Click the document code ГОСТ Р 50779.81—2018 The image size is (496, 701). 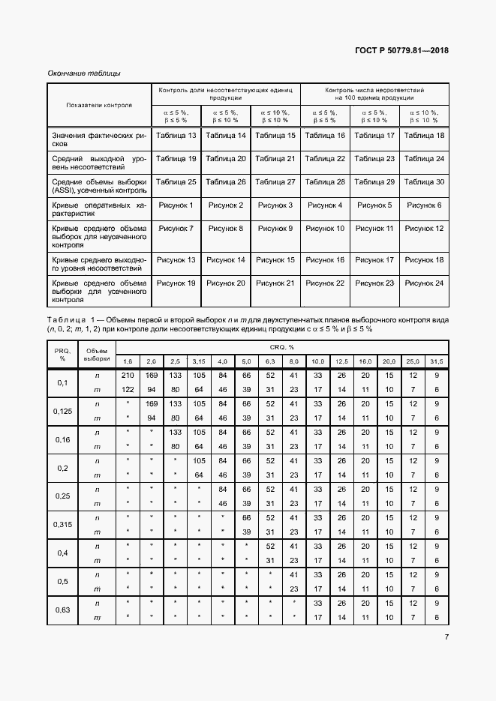[401, 51]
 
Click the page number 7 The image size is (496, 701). [446, 637]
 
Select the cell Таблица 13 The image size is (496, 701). [176, 136]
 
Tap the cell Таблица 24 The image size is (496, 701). [424, 159]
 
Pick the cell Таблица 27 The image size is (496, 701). [275, 182]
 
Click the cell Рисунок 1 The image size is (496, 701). [176, 205]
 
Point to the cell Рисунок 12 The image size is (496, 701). [424, 228]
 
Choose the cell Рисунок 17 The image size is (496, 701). [374, 259]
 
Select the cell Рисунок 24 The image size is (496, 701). [424, 283]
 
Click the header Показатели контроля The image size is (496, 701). [99, 105]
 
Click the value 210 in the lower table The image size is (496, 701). [127, 375]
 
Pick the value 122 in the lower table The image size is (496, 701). [127, 390]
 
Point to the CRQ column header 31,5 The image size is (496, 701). [435, 361]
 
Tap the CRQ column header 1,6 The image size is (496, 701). [127, 361]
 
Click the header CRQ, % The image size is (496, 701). [281, 347]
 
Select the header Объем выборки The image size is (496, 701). [96, 354]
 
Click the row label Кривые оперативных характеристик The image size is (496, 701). [99, 209]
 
